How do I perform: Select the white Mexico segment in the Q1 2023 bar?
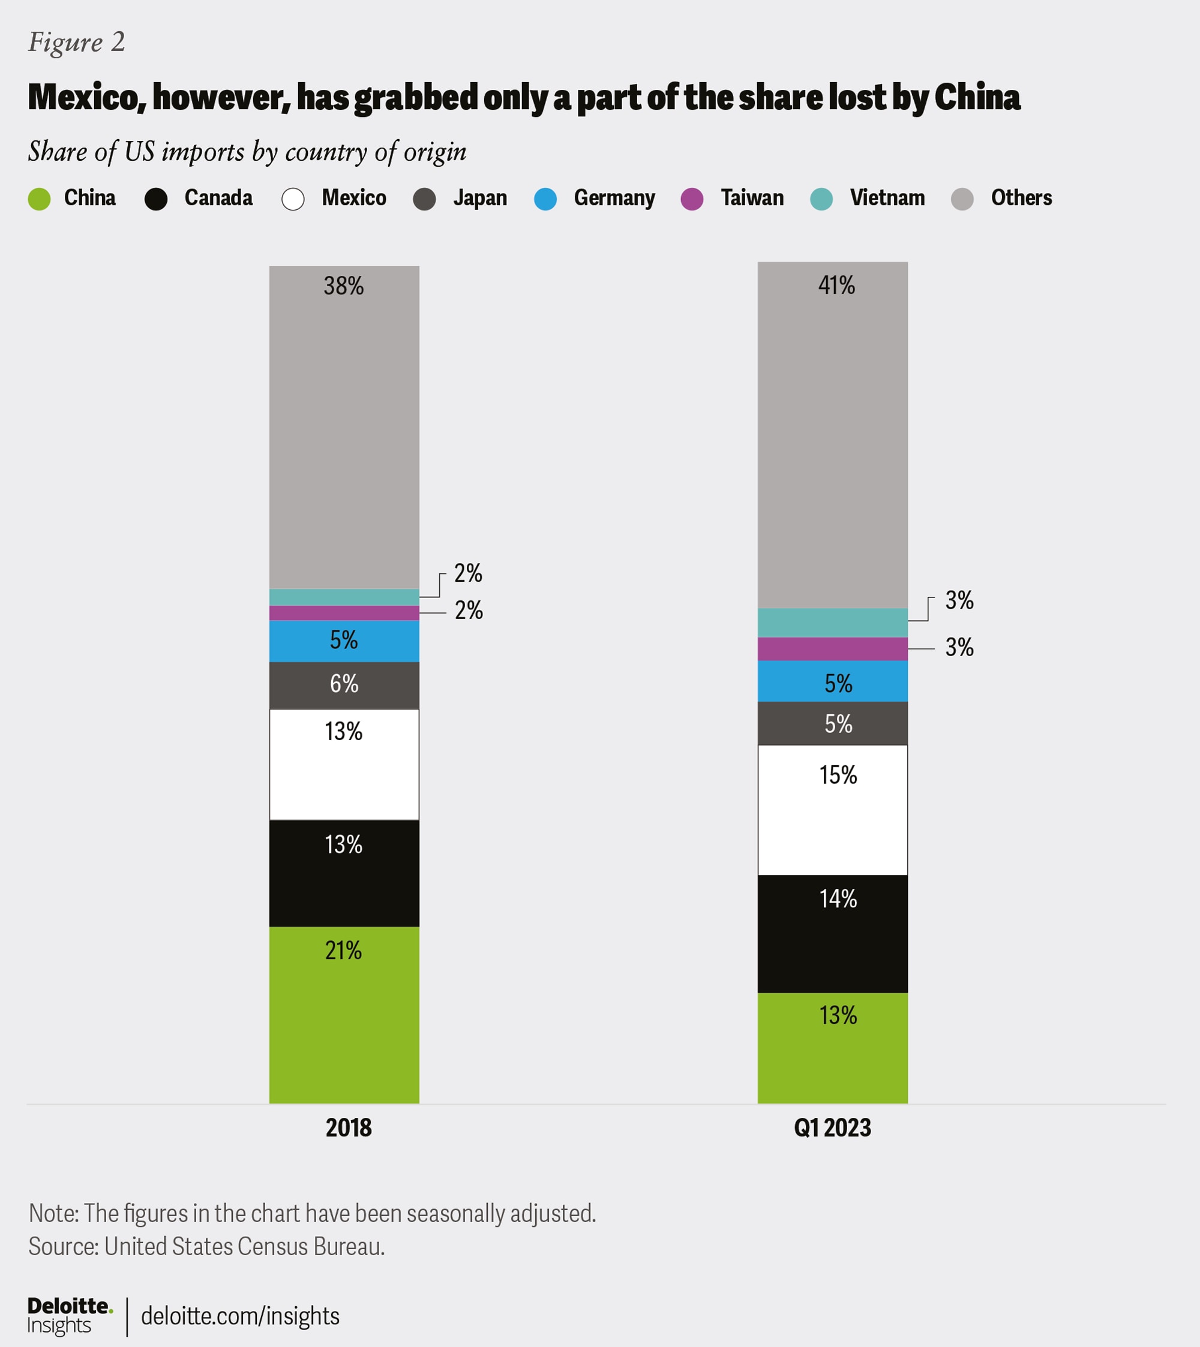click(x=832, y=824)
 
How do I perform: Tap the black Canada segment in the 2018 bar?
click(x=344, y=883)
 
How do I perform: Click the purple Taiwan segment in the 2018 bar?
click(x=344, y=613)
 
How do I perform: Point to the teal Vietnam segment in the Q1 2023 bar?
click(x=832, y=623)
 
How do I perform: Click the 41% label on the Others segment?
click(x=836, y=285)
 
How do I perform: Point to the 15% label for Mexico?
click(x=838, y=775)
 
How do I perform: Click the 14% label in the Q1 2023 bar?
click(x=838, y=899)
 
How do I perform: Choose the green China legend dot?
click(x=40, y=199)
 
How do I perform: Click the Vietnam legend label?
click(x=887, y=198)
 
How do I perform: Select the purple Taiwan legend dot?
click(x=692, y=199)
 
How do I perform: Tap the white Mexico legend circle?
click(x=293, y=199)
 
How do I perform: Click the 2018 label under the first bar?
click(x=348, y=1127)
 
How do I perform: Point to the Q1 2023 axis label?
click(x=832, y=1127)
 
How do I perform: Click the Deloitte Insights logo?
click(x=68, y=1315)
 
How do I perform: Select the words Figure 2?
click(x=76, y=42)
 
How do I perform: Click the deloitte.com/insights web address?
click(x=240, y=1316)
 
